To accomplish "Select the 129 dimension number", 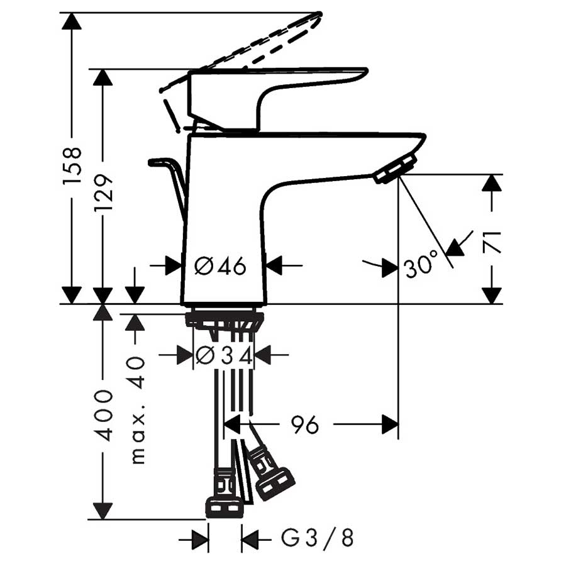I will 104,192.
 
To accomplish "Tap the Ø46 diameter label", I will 220,266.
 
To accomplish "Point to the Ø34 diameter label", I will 224,356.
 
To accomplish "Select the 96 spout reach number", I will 304,426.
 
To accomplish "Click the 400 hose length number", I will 104,415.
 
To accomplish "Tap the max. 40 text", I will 136,409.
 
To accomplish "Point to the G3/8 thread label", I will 317,539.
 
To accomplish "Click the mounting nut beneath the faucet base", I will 223,319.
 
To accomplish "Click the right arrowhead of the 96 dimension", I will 390,425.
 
